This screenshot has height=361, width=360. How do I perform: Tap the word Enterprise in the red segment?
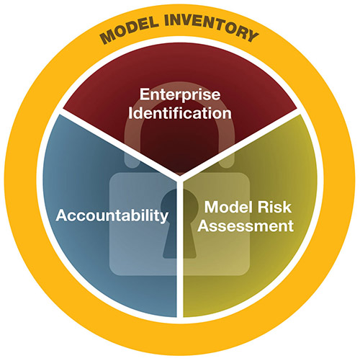pyautogui.click(x=180, y=94)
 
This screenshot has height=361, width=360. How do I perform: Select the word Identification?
pyautogui.click(x=180, y=113)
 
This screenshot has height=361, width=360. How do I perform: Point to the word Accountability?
pyautogui.click(x=112, y=215)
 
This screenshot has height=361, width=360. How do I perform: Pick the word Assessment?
pyautogui.click(x=246, y=226)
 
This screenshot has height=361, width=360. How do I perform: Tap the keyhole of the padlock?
pyautogui.click(x=179, y=223)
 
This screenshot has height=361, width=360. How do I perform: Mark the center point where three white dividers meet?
pyautogui.click(x=180, y=178)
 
